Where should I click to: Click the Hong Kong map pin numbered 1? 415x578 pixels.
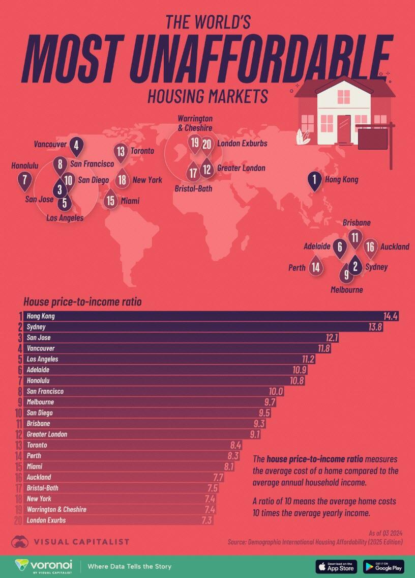click(x=315, y=179)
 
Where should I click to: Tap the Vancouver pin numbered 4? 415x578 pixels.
click(x=76, y=145)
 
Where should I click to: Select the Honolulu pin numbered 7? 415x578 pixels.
click(x=24, y=179)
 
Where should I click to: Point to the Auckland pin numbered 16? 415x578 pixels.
click(x=370, y=247)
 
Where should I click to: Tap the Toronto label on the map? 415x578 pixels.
click(x=142, y=151)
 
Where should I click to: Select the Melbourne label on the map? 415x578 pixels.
click(x=346, y=290)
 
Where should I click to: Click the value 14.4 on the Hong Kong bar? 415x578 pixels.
click(x=391, y=317)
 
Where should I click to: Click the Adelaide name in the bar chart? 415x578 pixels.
click(x=38, y=370)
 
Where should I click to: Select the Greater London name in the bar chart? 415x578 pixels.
click(x=47, y=434)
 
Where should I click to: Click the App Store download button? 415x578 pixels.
click(x=336, y=566)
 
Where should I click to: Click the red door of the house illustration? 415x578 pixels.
click(x=344, y=129)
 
